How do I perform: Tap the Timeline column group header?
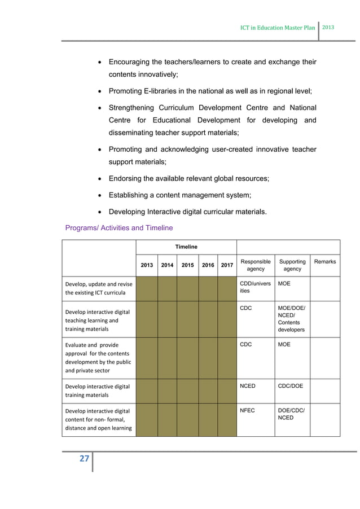click(x=186, y=247)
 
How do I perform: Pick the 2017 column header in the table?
click(x=227, y=265)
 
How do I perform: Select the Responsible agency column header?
click(x=255, y=265)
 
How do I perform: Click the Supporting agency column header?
click(x=292, y=265)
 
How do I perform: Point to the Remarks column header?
click(x=326, y=262)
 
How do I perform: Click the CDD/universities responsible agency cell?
click(x=255, y=288)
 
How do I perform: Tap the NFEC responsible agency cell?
click(x=248, y=411)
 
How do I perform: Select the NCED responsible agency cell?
click(x=249, y=386)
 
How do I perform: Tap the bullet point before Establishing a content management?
click(x=100, y=195)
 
